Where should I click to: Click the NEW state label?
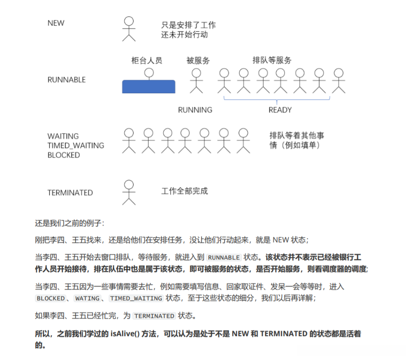(56, 23)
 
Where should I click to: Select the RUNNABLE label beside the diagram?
(66, 80)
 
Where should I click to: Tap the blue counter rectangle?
(148, 86)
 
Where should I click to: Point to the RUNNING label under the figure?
(195, 110)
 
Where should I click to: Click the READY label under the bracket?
(280, 110)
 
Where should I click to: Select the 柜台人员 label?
(147, 60)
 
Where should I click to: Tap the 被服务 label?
(198, 60)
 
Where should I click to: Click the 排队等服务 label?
(272, 60)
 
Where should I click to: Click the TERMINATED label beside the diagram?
(70, 192)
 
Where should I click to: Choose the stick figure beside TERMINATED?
(129, 192)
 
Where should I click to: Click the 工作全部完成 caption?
(185, 191)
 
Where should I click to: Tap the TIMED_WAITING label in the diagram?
(76, 145)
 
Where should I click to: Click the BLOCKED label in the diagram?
(63, 155)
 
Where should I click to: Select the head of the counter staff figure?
(148, 72)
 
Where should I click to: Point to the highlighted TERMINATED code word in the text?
(154, 316)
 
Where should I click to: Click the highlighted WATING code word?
(87, 298)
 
